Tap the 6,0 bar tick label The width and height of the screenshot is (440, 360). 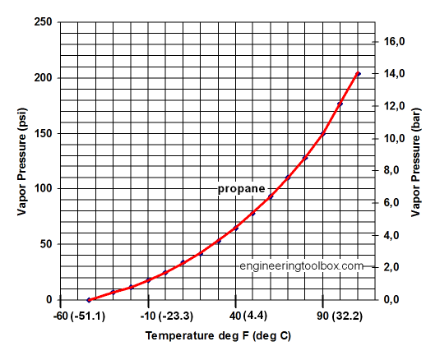(x=399, y=202)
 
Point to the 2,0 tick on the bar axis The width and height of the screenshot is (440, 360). (x=399, y=267)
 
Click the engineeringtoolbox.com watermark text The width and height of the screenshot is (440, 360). (x=301, y=266)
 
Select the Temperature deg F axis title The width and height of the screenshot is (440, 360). (x=218, y=336)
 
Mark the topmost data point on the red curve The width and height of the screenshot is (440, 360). (x=358, y=74)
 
